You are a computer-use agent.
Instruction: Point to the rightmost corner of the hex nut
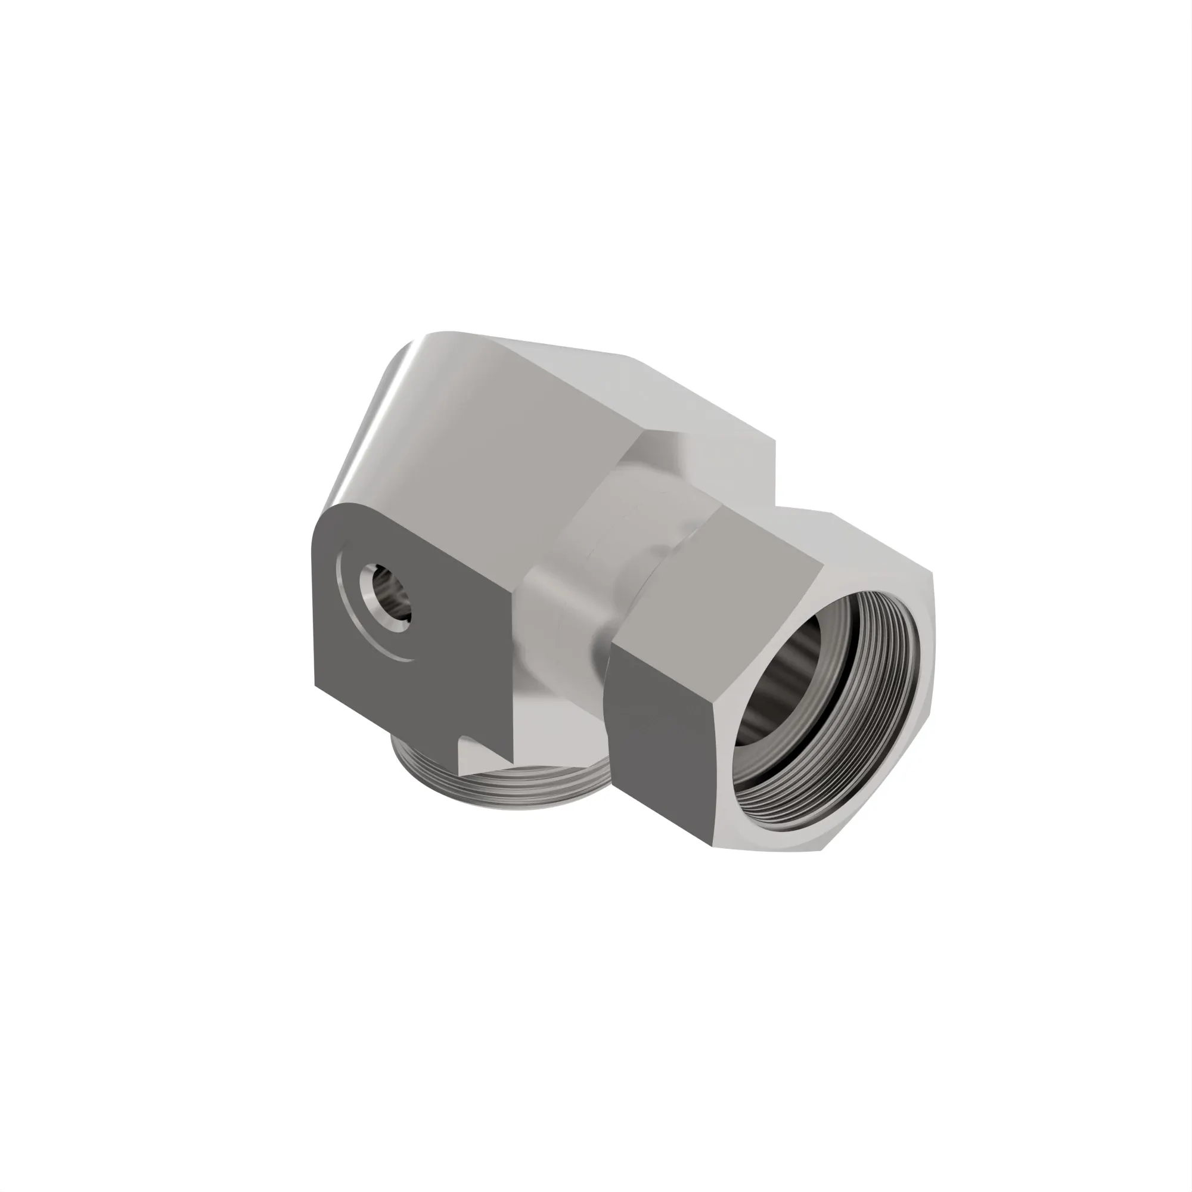coord(932,577)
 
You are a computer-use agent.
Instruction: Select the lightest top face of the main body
coord(648,383)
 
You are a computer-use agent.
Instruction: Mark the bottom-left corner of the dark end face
coord(315,685)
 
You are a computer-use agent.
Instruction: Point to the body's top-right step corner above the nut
coord(774,439)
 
